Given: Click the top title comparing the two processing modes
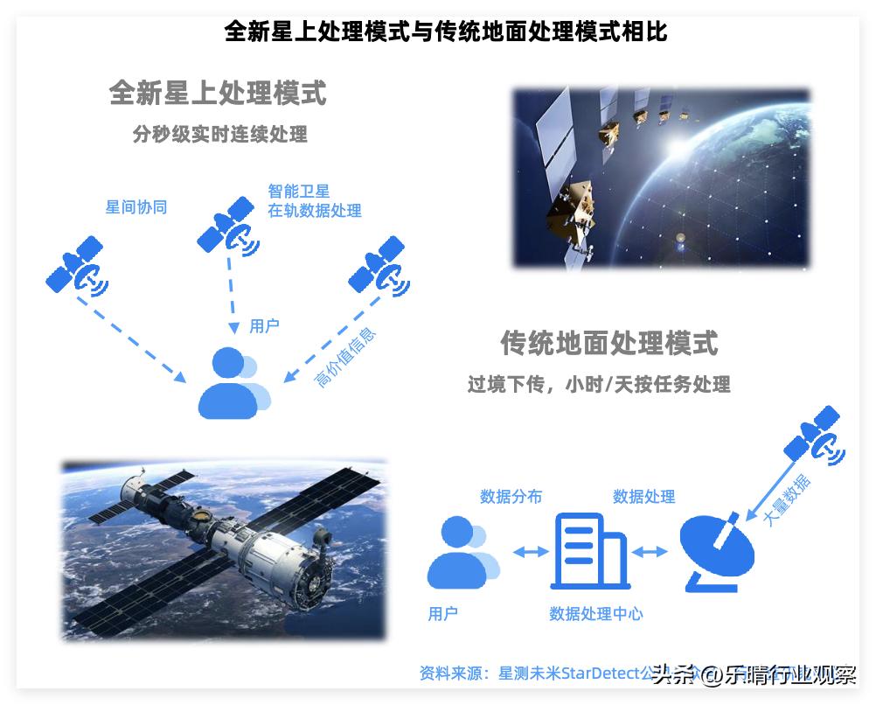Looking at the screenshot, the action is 446,32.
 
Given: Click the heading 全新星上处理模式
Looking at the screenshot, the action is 218,94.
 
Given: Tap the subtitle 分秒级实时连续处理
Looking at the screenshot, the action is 219,135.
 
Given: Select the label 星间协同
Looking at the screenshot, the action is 136,207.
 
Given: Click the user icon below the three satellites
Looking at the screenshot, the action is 233,381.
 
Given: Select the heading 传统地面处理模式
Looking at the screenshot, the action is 608,343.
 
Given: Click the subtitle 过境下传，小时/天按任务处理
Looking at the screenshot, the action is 598,384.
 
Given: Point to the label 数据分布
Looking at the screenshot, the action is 511,497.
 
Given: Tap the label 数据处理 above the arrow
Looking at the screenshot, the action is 643,497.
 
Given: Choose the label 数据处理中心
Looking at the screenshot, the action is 595,614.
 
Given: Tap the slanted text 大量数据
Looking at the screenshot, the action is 786,499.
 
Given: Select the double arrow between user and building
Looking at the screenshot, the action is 530,552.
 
